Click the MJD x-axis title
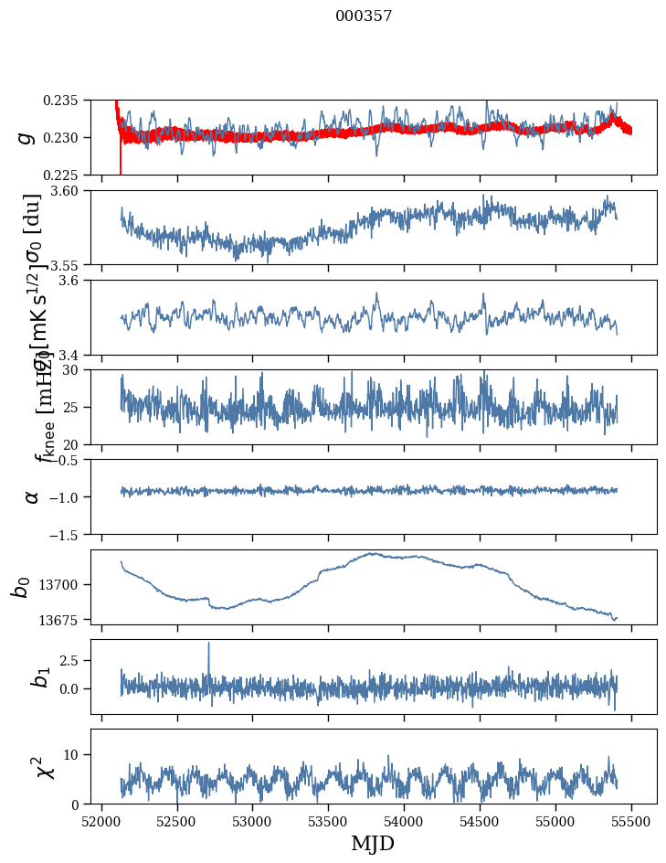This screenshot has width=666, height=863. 373,843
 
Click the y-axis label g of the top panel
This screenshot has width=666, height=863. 27,137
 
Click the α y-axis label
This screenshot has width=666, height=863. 32,495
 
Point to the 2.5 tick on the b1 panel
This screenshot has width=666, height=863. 75,659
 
